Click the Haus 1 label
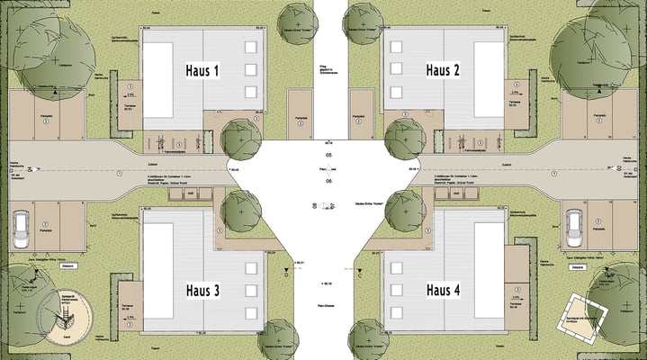click(x=202, y=70)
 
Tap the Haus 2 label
click(x=443, y=70)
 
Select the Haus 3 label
click(x=202, y=290)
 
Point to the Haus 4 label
click(x=443, y=290)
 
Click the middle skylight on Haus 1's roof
click(x=250, y=69)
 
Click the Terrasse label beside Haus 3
click(x=128, y=304)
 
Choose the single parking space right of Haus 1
click(x=298, y=114)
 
